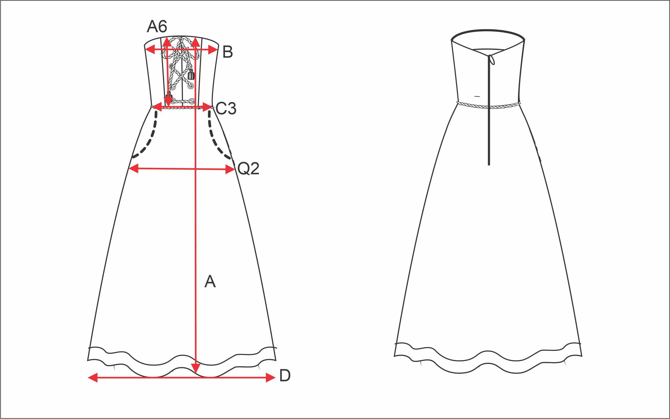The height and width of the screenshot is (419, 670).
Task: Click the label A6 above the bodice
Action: pyautogui.click(x=157, y=27)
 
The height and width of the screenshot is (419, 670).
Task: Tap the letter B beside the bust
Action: pyautogui.click(x=228, y=52)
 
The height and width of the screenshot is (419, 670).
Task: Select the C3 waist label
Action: pyautogui.click(x=226, y=108)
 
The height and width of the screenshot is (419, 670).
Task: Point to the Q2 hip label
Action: pyautogui.click(x=248, y=169)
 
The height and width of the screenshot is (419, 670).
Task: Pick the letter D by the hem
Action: pyautogui.click(x=285, y=376)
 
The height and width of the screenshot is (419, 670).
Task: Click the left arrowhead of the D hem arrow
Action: pyautogui.click(x=93, y=377)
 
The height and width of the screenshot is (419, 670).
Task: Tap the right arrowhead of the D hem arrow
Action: pyautogui.click(x=270, y=377)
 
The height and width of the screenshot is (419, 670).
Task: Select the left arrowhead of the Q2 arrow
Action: pyautogui.click(x=134, y=168)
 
